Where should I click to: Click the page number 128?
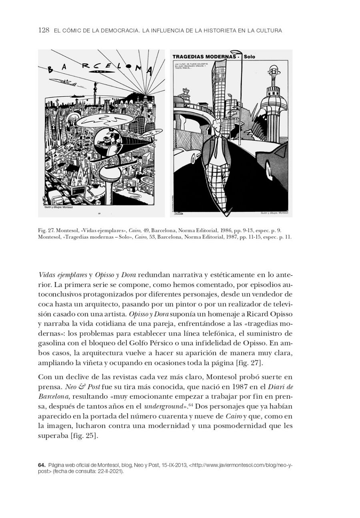(44, 30)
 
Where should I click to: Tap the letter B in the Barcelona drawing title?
(51, 70)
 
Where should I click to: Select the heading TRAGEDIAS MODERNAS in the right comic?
(204, 57)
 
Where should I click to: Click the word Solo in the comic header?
(249, 57)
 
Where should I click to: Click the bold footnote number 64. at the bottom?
(42, 465)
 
